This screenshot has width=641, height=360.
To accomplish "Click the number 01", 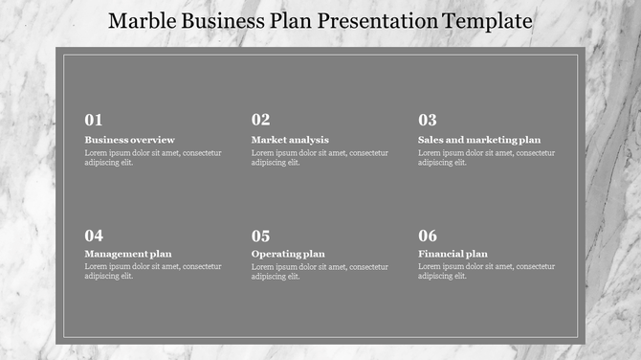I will click(94, 121).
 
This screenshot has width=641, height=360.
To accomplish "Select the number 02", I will click(260, 121).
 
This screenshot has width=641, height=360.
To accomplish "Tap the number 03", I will click(427, 121).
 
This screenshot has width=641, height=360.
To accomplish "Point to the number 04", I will click(94, 236).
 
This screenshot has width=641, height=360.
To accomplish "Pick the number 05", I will click(260, 236).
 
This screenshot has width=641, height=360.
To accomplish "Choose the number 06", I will click(427, 236).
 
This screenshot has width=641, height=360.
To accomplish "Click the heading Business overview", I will click(129, 140).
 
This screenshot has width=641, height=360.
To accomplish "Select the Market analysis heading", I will click(290, 140).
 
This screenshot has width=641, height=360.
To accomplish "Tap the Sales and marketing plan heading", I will click(478, 140).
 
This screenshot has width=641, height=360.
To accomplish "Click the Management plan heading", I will click(128, 254).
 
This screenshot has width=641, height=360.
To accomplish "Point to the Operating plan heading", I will click(288, 254).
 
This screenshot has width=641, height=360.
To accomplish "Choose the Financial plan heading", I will click(453, 254).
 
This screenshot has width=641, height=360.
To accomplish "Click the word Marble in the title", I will click(141, 21).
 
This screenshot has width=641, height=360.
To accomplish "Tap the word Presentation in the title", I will click(377, 21).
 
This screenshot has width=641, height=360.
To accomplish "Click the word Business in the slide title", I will click(219, 21).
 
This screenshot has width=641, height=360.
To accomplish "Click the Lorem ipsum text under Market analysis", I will click(320, 157).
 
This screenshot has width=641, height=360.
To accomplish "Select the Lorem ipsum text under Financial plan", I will click(486, 271).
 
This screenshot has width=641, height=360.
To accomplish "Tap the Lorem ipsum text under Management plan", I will click(153, 271).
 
